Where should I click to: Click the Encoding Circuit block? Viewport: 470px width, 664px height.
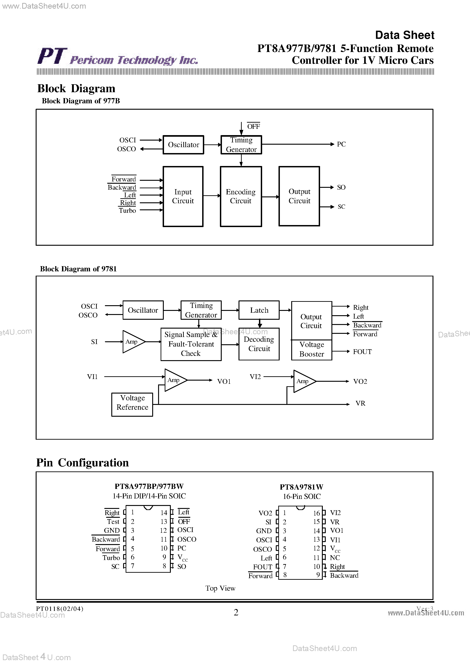(241, 196)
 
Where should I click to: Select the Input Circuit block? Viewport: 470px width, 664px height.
(183, 196)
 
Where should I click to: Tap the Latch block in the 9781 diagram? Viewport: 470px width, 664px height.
(259, 310)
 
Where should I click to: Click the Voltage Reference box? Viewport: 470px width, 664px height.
(132, 404)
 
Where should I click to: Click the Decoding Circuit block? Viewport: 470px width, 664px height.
(259, 344)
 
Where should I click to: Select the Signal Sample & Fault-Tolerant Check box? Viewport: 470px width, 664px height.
(191, 344)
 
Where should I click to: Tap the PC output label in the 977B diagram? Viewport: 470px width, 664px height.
(341, 144)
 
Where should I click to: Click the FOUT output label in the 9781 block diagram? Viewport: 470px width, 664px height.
(362, 352)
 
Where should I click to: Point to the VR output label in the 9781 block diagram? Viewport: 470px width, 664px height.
(360, 403)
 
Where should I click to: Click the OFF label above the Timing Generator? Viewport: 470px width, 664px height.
(254, 126)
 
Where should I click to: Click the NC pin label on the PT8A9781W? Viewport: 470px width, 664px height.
(335, 557)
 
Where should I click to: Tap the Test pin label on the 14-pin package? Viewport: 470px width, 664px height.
(113, 522)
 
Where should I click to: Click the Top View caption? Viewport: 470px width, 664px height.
(220, 588)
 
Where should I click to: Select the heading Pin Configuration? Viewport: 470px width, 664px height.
(82, 463)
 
